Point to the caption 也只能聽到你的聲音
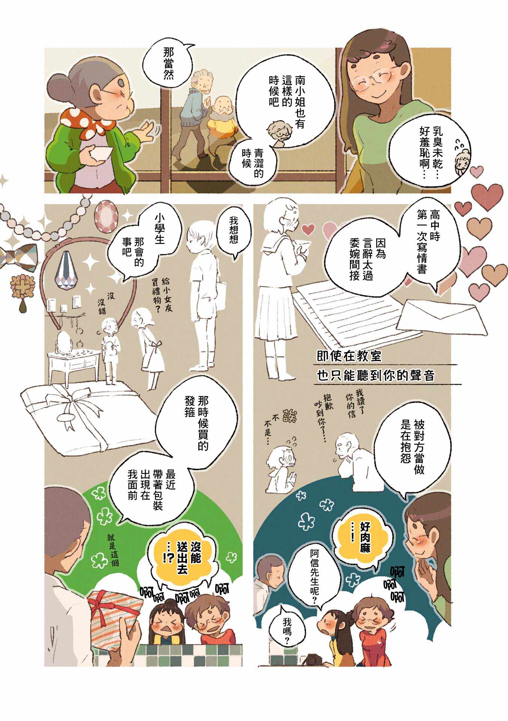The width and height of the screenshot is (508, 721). click(x=375, y=376)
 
